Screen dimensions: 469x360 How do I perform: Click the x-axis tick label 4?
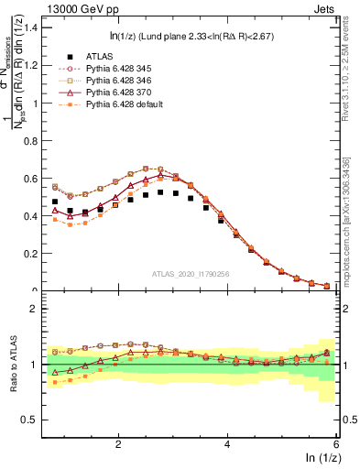point(227,443)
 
